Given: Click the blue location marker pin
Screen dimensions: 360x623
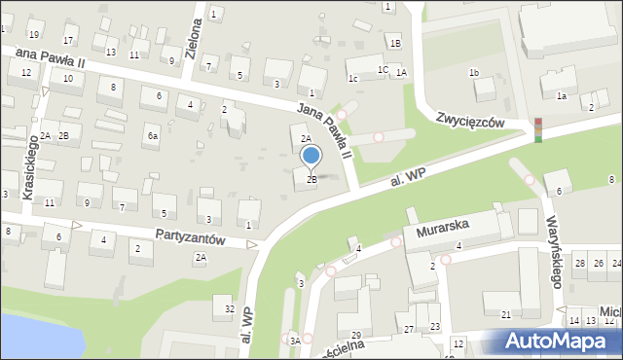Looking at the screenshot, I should pyautogui.click(x=311, y=156).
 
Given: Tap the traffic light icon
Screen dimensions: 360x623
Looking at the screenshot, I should pyautogui.click(x=537, y=130).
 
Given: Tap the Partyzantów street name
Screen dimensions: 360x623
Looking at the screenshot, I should pyautogui.click(x=191, y=236).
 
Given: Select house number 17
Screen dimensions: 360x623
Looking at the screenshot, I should pyautogui.click(x=68, y=40).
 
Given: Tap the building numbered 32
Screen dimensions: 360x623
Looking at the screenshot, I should pyautogui.click(x=229, y=309).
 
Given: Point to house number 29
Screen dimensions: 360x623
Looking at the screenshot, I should pyautogui.click(x=356, y=335).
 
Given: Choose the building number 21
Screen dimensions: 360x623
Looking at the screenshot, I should pyautogui.click(x=505, y=314).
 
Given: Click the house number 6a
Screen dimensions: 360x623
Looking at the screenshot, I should pyautogui.click(x=152, y=136).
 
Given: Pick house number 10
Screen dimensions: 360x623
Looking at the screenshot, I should pyautogui.click(x=68, y=78).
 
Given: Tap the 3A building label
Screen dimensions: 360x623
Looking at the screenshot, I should pyautogui.click(x=294, y=341).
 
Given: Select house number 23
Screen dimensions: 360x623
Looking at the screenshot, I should pyautogui.click(x=435, y=326).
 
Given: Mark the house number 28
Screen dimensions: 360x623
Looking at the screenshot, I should pyautogui.click(x=579, y=264).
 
